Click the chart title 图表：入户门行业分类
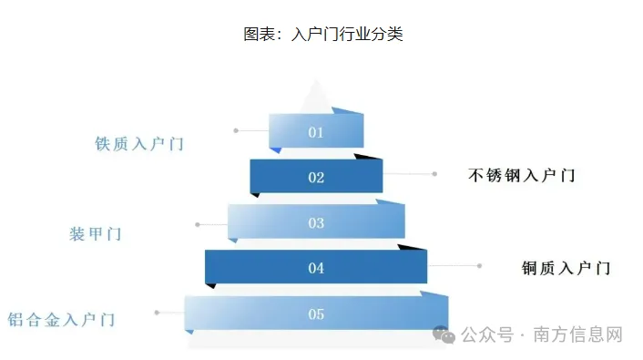(x=322, y=35)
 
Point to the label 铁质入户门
(x=139, y=144)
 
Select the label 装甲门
(x=95, y=234)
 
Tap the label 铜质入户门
(x=566, y=268)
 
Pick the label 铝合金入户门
(x=61, y=320)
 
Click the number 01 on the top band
(x=316, y=132)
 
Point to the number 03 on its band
(x=316, y=223)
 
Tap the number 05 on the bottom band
(x=316, y=314)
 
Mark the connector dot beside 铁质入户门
(x=236, y=130)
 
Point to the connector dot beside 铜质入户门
(x=480, y=265)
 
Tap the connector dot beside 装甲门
(x=198, y=223)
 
